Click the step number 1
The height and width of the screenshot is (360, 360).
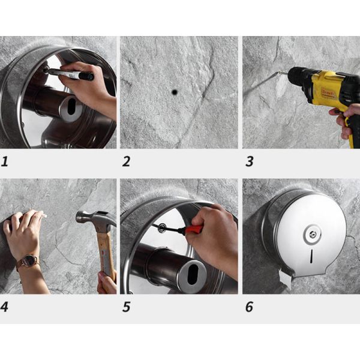5,161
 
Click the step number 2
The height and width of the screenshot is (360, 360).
126,161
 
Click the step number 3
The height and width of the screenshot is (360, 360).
249,161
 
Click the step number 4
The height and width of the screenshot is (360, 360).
5,307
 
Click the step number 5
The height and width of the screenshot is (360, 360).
126,307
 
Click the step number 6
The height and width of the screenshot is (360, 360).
249,307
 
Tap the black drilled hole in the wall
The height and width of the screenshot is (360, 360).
175,92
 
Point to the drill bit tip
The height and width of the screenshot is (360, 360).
247,94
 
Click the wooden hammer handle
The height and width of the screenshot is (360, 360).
104,252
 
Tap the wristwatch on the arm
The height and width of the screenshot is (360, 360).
28,262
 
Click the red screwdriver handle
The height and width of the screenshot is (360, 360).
193,229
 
